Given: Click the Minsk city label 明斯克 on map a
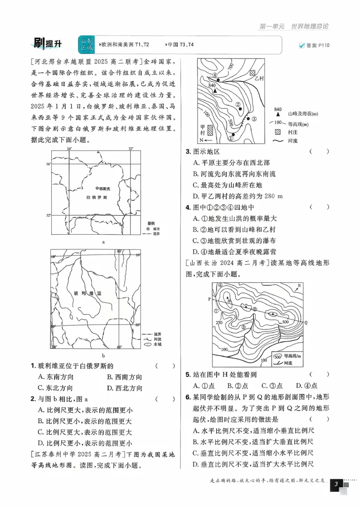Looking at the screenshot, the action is pos(104,189).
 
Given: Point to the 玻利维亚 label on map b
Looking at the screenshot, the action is pos(87,293).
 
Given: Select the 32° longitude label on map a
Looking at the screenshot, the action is pos(131,149).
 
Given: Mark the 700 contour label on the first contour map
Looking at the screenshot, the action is pos(231,67).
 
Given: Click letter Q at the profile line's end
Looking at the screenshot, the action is pos(306,322).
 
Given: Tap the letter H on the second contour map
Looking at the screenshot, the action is pos(229,300).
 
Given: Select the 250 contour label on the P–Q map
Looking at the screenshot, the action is pos(219,322).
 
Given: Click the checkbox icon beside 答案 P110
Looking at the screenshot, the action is pos(301,45).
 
